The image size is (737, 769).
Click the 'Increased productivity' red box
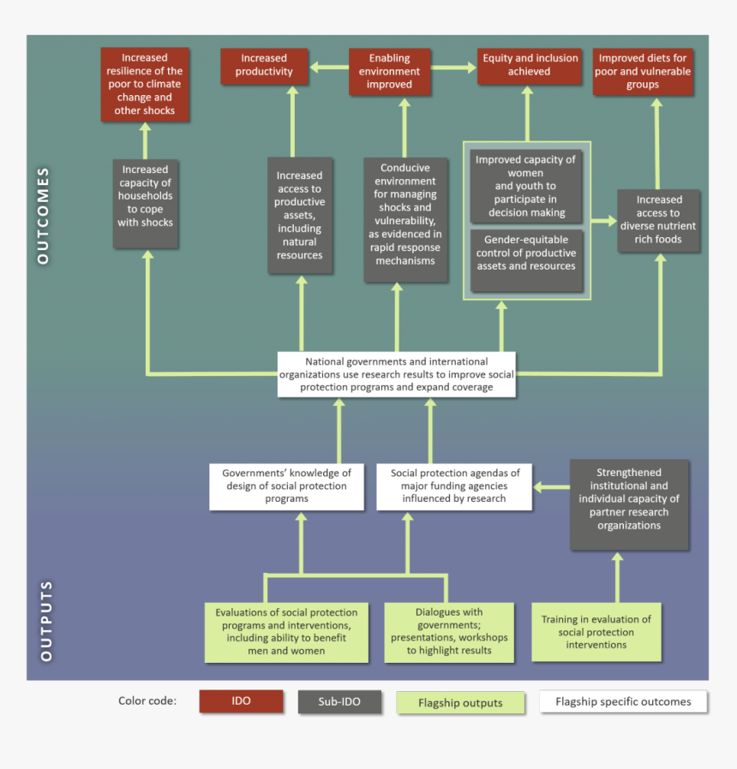click(264, 66)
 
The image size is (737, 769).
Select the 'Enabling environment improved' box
click(390, 72)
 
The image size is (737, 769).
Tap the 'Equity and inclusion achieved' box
click(530, 66)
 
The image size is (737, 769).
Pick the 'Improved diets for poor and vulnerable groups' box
click(643, 72)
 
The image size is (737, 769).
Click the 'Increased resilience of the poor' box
click(145, 85)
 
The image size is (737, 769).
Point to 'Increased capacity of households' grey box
click(146, 203)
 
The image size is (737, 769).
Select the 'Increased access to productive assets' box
click(300, 215)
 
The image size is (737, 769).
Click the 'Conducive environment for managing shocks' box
click(406, 219)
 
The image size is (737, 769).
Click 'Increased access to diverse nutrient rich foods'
click(659, 220)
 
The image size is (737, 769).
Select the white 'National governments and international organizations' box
click(397, 374)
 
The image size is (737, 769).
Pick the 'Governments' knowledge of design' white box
click(287, 486)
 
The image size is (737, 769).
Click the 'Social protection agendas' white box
click(455, 486)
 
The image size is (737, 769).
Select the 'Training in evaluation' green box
click(596, 632)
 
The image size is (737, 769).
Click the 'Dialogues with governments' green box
click(449, 633)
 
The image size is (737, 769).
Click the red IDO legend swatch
click(241, 701)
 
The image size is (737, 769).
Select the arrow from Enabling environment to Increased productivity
click(329, 66)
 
